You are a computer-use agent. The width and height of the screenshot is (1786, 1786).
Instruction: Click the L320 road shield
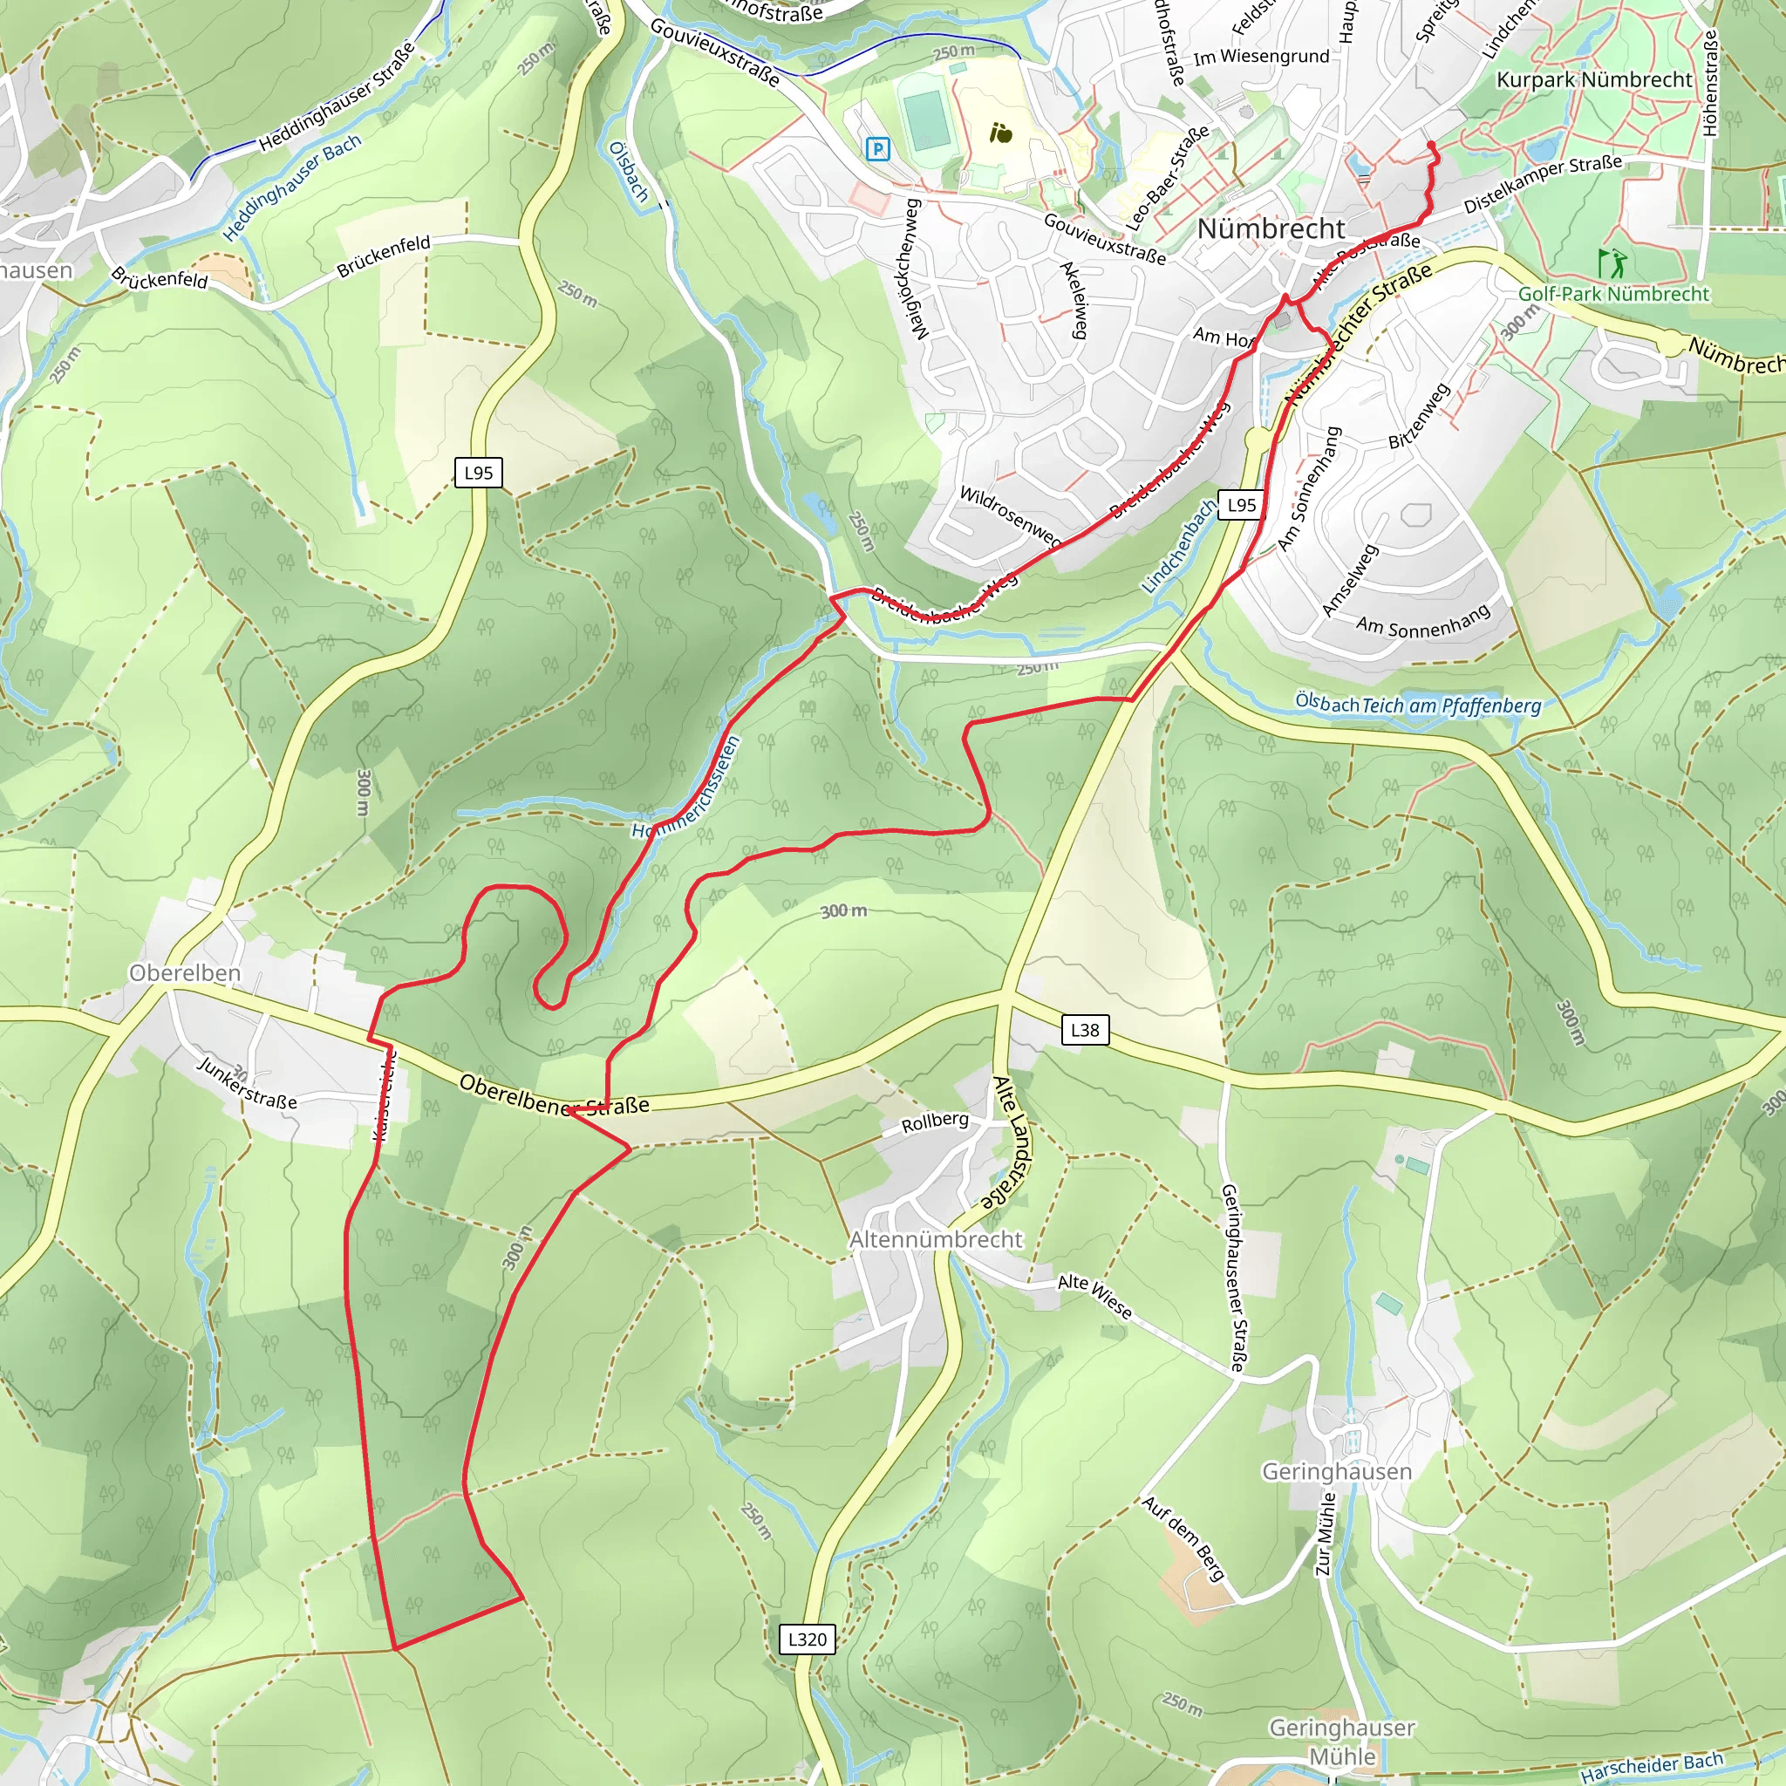pyautogui.click(x=807, y=1639)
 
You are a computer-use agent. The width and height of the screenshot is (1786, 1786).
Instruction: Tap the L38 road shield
pyautogui.click(x=1084, y=1030)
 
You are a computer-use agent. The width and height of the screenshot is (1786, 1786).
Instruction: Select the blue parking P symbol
pyautogui.click(x=877, y=148)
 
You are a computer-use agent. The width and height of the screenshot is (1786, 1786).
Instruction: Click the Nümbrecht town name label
pyautogui.click(x=1271, y=228)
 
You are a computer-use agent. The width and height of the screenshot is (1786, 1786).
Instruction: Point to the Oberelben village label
pyautogui.click(x=185, y=972)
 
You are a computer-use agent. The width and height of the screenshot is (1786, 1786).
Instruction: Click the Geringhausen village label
pyautogui.click(x=1336, y=1471)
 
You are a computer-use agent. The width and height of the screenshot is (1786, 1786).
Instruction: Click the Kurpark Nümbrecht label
pyautogui.click(x=1594, y=79)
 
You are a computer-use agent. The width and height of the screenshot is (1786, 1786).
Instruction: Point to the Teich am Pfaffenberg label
pyautogui.click(x=1451, y=706)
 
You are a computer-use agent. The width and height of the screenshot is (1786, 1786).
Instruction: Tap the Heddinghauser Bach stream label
pyautogui.click(x=292, y=187)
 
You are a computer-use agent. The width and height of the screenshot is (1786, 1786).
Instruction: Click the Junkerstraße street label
pyautogui.click(x=248, y=1082)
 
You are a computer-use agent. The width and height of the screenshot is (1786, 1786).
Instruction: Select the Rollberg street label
pyautogui.click(x=935, y=1122)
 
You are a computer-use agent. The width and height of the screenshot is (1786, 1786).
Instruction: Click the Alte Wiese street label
pyautogui.click(x=1094, y=1295)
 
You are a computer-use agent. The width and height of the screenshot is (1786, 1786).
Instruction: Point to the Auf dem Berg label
pyautogui.click(x=1183, y=1539)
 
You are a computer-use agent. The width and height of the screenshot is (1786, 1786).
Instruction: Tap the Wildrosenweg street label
pyautogui.click(x=1011, y=516)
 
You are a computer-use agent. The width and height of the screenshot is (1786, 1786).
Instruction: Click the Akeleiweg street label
pyautogui.click(x=1074, y=299)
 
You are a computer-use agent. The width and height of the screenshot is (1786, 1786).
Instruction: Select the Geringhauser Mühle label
pyautogui.click(x=1341, y=1742)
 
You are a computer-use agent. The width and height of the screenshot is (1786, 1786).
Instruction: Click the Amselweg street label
pyautogui.click(x=1350, y=581)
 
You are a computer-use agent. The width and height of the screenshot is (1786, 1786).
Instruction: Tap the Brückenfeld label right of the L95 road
pyautogui.click(x=384, y=256)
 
